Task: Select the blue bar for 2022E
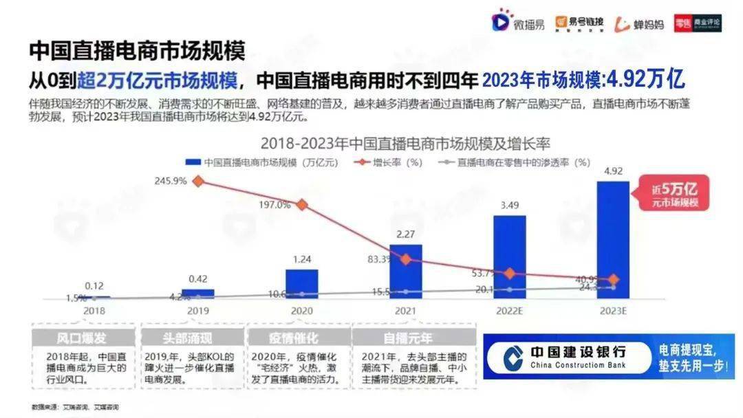coord(509,257)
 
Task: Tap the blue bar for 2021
coord(405,272)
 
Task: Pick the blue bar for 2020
coord(301,284)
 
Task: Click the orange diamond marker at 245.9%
coord(198,181)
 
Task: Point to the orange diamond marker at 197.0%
coord(301,204)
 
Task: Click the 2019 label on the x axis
coord(197,311)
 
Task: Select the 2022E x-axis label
coord(509,311)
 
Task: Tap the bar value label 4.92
coord(612,171)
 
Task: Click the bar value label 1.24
coord(301,259)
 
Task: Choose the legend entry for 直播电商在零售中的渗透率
coord(516,163)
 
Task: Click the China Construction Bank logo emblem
coord(512,357)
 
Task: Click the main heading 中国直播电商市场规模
coord(137,50)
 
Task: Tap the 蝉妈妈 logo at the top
coord(640,24)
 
